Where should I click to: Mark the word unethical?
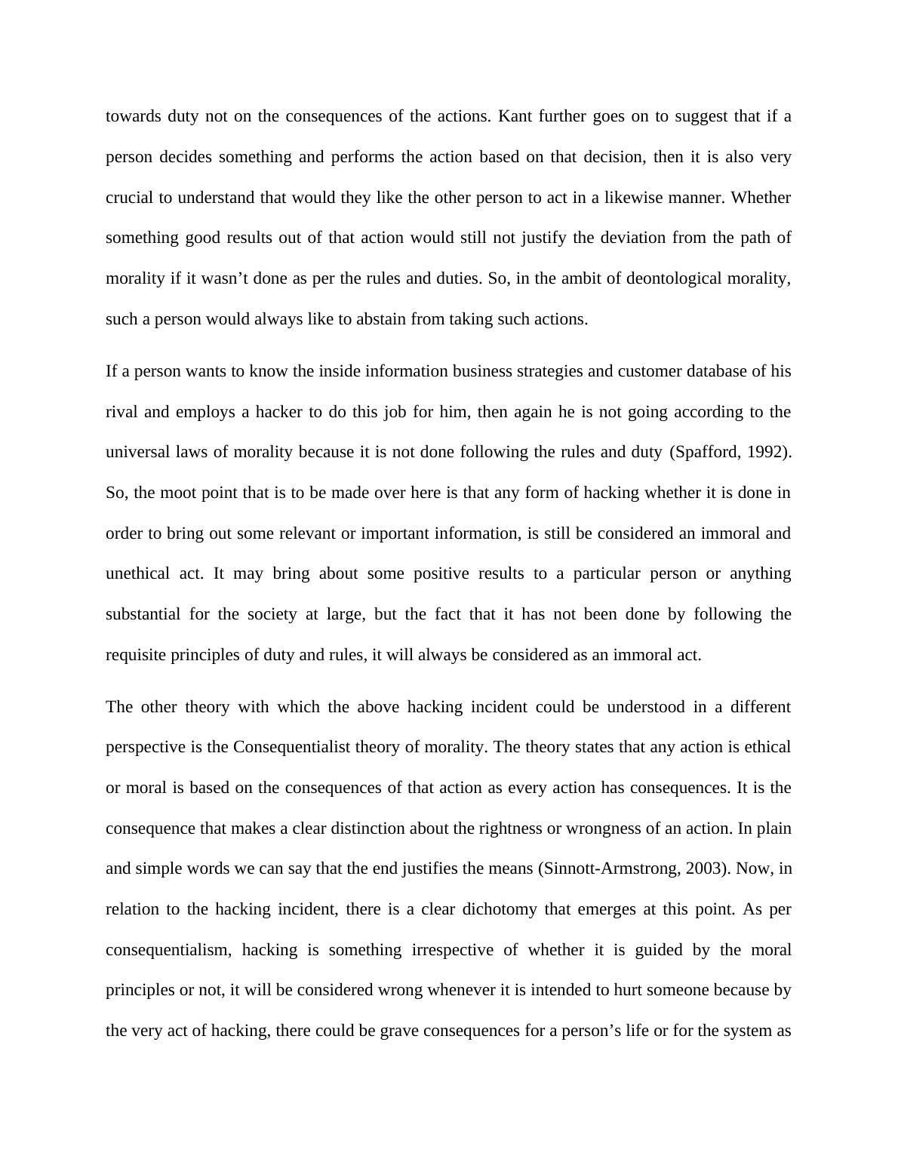[x=138, y=574]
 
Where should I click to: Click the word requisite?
[x=136, y=655]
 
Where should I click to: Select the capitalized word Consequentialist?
[x=292, y=748]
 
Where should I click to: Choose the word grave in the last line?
[x=399, y=1031]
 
